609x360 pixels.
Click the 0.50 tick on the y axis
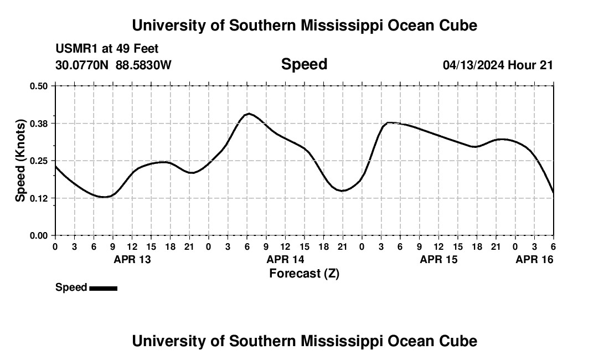(x=39, y=86)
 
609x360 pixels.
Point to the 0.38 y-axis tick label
(x=39, y=123)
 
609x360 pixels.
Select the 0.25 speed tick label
(x=39, y=161)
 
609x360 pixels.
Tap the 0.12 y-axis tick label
(x=39, y=198)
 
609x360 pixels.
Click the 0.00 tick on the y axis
(x=39, y=236)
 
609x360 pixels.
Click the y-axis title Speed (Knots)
(x=20, y=161)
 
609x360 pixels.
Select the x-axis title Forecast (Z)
(x=304, y=273)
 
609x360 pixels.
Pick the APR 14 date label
(x=285, y=259)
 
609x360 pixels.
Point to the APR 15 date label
(x=438, y=259)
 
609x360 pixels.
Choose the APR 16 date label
(x=534, y=259)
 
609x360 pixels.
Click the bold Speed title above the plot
(x=304, y=64)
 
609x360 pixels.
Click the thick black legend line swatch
(x=103, y=288)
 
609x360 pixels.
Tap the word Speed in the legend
(x=71, y=287)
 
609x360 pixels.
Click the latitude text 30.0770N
(x=82, y=65)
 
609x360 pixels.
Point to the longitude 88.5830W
(x=143, y=65)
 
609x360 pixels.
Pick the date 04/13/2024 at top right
(x=473, y=65)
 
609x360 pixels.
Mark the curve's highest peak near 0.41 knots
(x=249, y=114)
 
